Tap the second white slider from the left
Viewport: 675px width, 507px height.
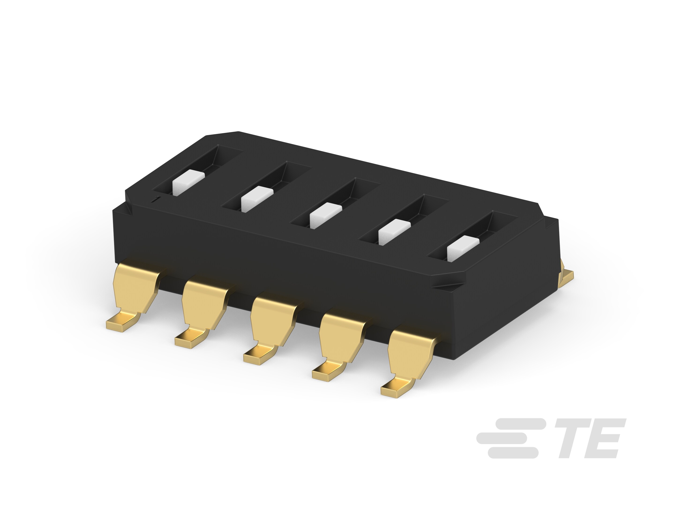coord(257,199)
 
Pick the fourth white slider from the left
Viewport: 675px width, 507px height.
coord(394,231)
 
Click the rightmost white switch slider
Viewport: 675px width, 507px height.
coord(463,248)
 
